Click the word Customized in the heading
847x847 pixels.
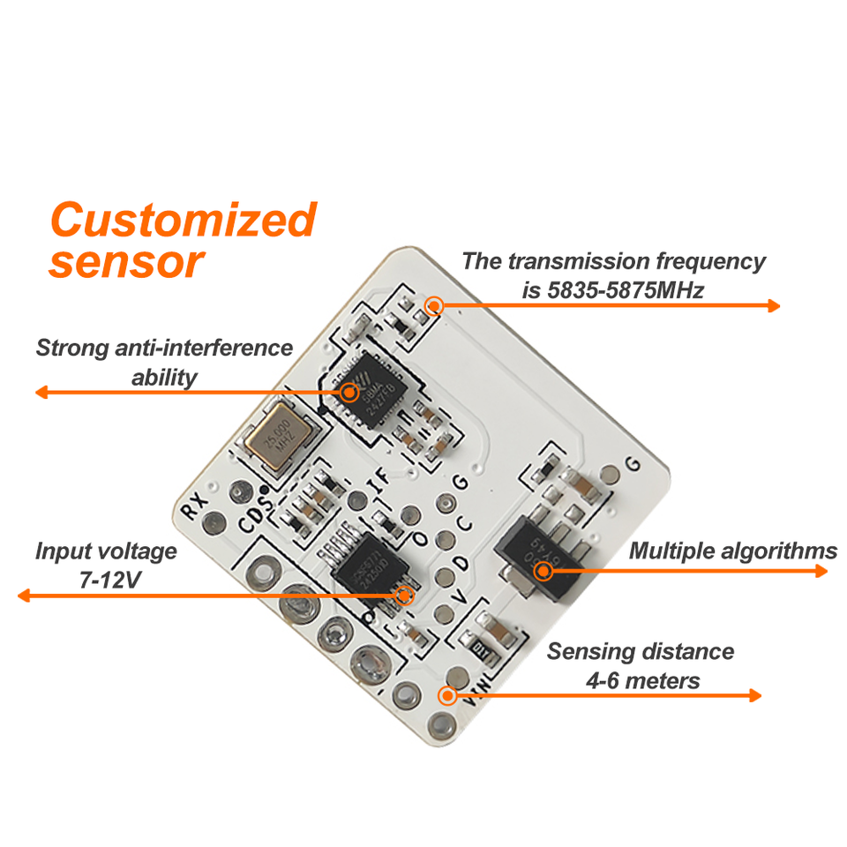(x=183, y=220)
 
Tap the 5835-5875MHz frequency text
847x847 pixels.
(x=612, y=290)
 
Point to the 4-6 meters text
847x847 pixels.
(x=642, y=680)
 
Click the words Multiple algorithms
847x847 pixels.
(x=732, y=551)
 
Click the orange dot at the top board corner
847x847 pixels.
(x=433, y=306)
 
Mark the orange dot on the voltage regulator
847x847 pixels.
(x=543, y=570)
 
